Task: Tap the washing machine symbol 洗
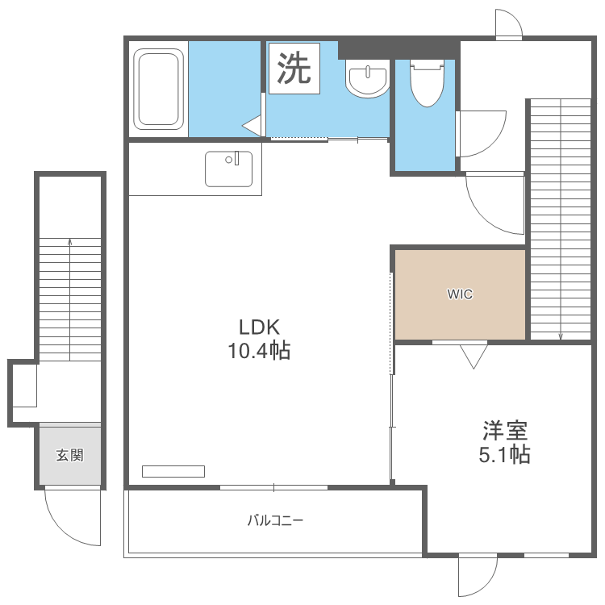[x=294, y=69]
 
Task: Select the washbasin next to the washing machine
[x=367, y=80]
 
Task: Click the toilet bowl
[x=427, y=84]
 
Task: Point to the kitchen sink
[x=228, y=169]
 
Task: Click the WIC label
[x=460, y=294]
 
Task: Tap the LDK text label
[x=258, y=327]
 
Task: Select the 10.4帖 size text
[x=258, y=351]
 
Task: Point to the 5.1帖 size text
[x=505, y=455]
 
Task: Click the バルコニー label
[x=275, y=520]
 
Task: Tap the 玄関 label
[x=69, y=455]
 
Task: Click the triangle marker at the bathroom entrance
[x=252, y=126]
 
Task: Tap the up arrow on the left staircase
[x=70, y=241]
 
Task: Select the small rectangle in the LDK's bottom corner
[x=173, y=471]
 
